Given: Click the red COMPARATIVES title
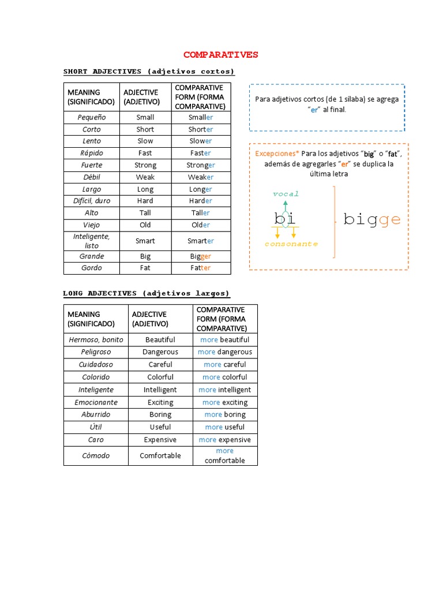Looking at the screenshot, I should point(221,55).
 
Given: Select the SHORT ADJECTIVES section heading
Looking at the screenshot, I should point(149,72).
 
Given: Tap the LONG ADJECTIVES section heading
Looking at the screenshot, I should point(146,293).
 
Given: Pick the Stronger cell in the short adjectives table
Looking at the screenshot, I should point(201,165).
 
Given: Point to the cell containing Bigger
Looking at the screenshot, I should point(201,256).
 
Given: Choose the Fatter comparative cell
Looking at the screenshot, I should point(201,268).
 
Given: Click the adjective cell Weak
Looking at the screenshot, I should point(145,177).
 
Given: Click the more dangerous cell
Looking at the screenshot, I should point(225,352).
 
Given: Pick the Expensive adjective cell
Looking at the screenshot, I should point(160,440).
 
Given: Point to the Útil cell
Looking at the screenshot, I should point(96,427).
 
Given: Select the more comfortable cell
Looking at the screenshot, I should point(225,455).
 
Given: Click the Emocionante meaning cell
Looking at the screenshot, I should point(96,402).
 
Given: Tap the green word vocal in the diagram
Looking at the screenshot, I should point(286,194).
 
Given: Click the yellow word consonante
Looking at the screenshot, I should point(291,244).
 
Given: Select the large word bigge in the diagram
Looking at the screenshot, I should point(372,220).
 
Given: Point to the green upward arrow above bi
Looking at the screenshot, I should point(285,206).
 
